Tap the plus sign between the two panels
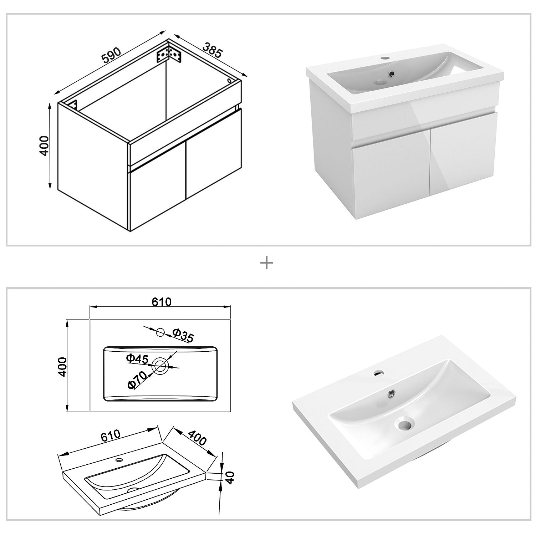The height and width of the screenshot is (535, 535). pyautogui.click(x=267, y=263)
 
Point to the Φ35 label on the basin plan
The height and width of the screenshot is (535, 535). pyautogui.click(x=183, y=335)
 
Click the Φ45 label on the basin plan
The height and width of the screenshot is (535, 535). pyautogui.click(x=137, y=359)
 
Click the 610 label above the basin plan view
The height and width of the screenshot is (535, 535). pyautogui.click(x=162, y=302)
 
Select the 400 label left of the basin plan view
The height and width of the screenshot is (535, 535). pyautogui.click(x=63, y=366)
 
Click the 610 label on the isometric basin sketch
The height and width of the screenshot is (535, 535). pyautogui.click(x=111, y=436)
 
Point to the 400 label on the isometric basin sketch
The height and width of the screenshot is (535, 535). pyautogui.click(x=197, y=438)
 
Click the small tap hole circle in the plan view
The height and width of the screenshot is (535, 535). pyautogui.click(x=160, y=332)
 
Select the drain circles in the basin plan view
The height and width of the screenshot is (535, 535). pyautogui.click(x=160, y=365)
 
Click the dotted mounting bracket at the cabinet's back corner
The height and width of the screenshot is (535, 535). pyautogui.click(x=169, y=53)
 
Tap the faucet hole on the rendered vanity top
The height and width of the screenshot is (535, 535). pyautogui.click(x=385, y=57)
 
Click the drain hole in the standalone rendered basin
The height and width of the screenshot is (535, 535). pyautogui.click(x=404, y=424)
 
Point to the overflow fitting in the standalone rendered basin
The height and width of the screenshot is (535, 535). pyautogui.click(x=392, y=394)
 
